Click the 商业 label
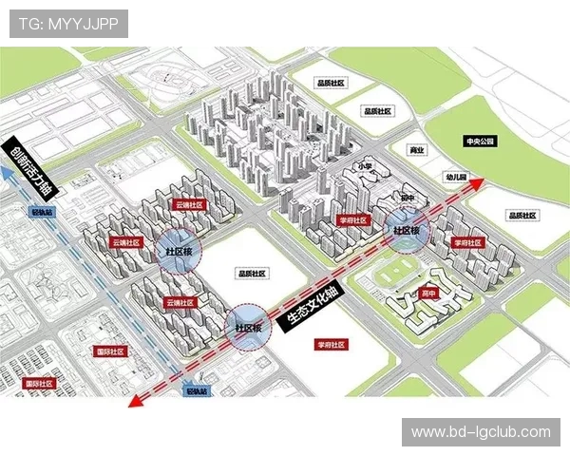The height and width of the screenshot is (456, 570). click(415, 150)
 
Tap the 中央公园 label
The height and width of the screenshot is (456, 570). click(480, 141)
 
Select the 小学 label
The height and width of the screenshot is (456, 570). click(365, 166)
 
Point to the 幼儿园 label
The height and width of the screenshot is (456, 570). click(457, 178)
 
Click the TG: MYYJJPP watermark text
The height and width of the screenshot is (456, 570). click(69, 25)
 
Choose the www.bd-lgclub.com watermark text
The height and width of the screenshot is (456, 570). click(481, 432)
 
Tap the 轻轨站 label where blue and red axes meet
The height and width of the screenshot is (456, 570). click(197, 390)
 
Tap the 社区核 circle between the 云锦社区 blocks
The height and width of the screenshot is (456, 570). click(179, 252)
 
